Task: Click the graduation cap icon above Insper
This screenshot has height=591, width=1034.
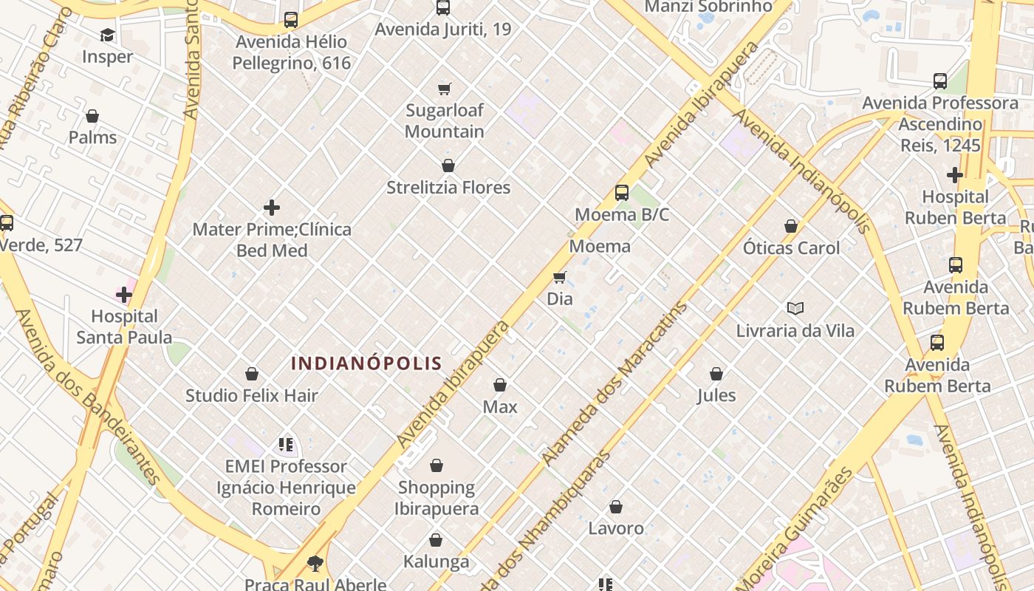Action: coord(108,35)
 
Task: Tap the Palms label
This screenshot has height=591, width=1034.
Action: coord(92,137)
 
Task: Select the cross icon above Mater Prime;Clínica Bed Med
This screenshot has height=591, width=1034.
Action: coord(272,208)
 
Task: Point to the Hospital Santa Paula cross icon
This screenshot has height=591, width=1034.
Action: coord(124,295)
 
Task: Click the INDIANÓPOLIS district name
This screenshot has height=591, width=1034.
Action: coord(366,363)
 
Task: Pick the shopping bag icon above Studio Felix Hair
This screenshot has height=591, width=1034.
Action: coord(252,374)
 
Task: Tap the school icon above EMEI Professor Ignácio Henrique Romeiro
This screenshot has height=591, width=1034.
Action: coord(286,445)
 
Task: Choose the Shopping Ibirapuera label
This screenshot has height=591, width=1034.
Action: coord(436,498)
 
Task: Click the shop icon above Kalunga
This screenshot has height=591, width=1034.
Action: coord(436,540)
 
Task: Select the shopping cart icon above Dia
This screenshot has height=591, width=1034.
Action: coord(560,278)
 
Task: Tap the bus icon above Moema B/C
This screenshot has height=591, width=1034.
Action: coord(622,193)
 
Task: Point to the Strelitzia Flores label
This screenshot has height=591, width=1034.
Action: coord(448,188)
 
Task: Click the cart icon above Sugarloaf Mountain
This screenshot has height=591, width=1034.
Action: coord(445,89)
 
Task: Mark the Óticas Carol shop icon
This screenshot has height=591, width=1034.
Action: coord(791,226)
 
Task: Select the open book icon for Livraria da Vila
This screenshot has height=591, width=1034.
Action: coord(795,308)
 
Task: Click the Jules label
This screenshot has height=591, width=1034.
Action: coord(716,395)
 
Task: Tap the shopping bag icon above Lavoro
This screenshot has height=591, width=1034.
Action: coord(616,507)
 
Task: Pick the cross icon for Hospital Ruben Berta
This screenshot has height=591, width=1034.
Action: coord(955,175)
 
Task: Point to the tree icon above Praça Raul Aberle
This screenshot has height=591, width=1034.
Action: coord(315,564)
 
